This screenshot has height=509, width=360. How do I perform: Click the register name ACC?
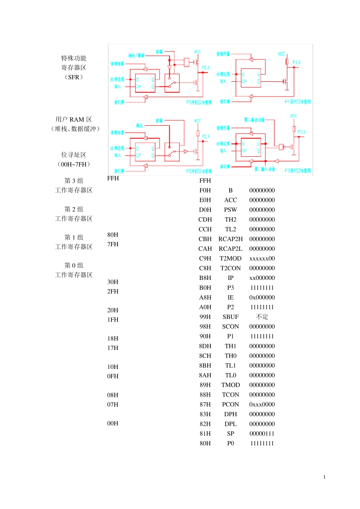[230, 200]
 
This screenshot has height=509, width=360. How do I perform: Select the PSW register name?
[230, 210]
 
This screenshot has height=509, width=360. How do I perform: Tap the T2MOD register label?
[230, 258]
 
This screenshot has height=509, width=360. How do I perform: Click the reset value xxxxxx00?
[262, 258]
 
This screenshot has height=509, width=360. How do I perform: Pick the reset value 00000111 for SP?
[262, 434]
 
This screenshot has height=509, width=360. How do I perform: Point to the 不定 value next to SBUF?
[262, 317]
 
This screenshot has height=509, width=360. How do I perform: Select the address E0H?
[205, 200]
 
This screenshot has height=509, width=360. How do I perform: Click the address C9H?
[205, 258]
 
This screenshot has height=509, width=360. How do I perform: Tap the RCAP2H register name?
[230, 239]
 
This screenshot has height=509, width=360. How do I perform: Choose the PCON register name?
[230, 404]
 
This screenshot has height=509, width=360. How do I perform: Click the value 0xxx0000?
[262, 404]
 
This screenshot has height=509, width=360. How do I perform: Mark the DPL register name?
[230, 424]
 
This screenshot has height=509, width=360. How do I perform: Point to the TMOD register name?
[230, 385]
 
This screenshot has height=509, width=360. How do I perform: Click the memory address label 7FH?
[113, 244]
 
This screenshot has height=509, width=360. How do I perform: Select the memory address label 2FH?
[113, 291]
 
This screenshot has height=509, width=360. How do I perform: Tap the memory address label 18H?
[113, 339]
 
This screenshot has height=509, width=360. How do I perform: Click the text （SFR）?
[74, 77]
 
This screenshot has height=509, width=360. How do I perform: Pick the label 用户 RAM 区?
[74, 119]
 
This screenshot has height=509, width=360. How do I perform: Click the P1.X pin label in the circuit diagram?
[296, 62]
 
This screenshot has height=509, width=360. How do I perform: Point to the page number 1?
[324, 477]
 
